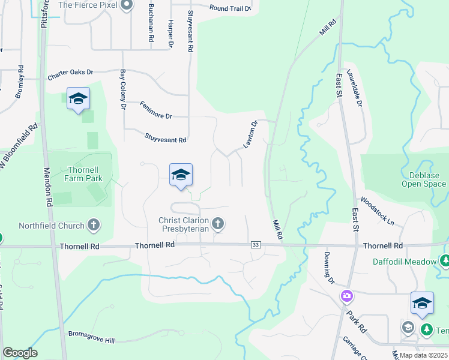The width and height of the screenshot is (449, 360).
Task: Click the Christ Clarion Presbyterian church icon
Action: pyautogui.click(x=218, y=224)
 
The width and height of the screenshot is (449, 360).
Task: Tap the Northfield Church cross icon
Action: pyautogui.click(x=93, y=225)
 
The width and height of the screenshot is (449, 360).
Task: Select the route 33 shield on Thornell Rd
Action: pyautogui.click(x=256, y=245)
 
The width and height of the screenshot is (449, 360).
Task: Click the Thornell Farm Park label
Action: pyautogui.click(x=85, y=174)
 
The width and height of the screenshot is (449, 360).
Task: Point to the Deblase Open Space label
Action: pyautogui.click(x=424, y=180)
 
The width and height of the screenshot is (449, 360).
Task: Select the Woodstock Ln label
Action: pyautogui.click(x=378, y=212)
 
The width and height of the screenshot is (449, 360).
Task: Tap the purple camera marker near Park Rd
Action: pyautogui.click(x=346, y=296)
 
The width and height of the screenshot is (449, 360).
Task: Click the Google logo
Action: pyautogui.click(x=20, y=353)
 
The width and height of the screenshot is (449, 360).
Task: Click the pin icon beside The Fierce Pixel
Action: pyautogui.click(x=126, y=5)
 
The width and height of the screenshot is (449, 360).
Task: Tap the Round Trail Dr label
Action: pyautogui.click(x=230, y=8)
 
